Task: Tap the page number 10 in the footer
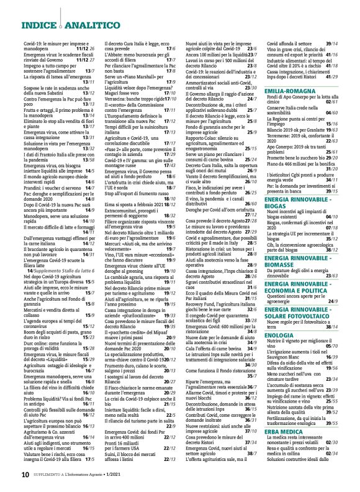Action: pyautogui.click(x=25, y=474)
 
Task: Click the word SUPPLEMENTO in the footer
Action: pyautogui.click(x=53, y=475)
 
